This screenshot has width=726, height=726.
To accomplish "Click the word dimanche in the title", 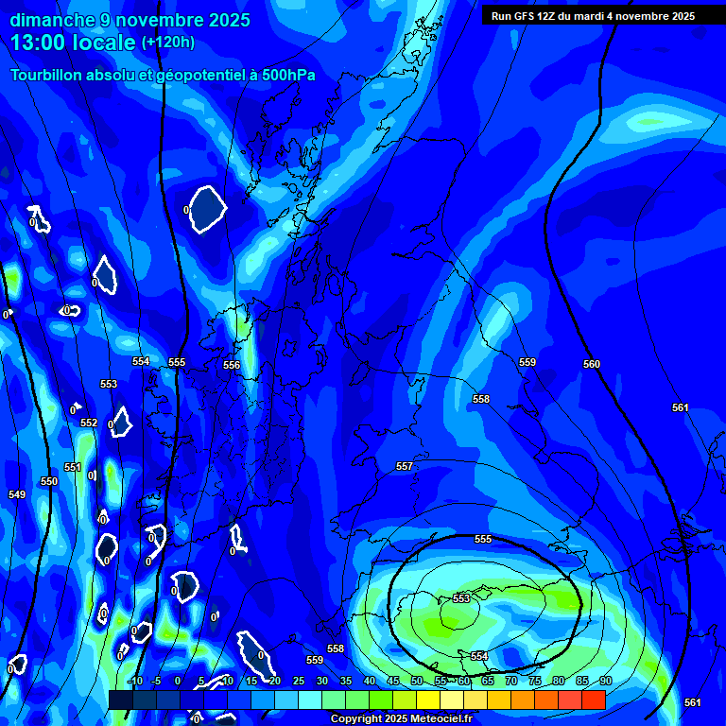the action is point(53,20).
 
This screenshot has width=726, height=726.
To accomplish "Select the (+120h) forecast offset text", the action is point(167,42).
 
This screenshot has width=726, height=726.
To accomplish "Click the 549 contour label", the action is point(17,494).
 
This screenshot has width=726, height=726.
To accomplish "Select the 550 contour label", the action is point(49,481).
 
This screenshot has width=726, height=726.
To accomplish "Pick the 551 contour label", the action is point(73,467).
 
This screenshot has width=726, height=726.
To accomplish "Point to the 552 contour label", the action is point(89,423).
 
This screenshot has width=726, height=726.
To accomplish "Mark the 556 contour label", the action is point(232,365).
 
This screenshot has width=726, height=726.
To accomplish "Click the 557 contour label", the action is point(405,466).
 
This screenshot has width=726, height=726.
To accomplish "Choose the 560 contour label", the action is point(592,364).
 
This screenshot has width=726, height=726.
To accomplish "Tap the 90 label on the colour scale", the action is point(605,681).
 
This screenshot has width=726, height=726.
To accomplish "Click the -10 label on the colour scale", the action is point(134,681).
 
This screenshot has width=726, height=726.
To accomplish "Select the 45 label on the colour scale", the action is point(392,681).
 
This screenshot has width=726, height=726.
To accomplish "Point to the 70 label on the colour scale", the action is point(510,681).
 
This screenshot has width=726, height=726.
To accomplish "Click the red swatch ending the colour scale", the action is point(593,700).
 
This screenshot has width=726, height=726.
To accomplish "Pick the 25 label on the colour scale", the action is point(298,681).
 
